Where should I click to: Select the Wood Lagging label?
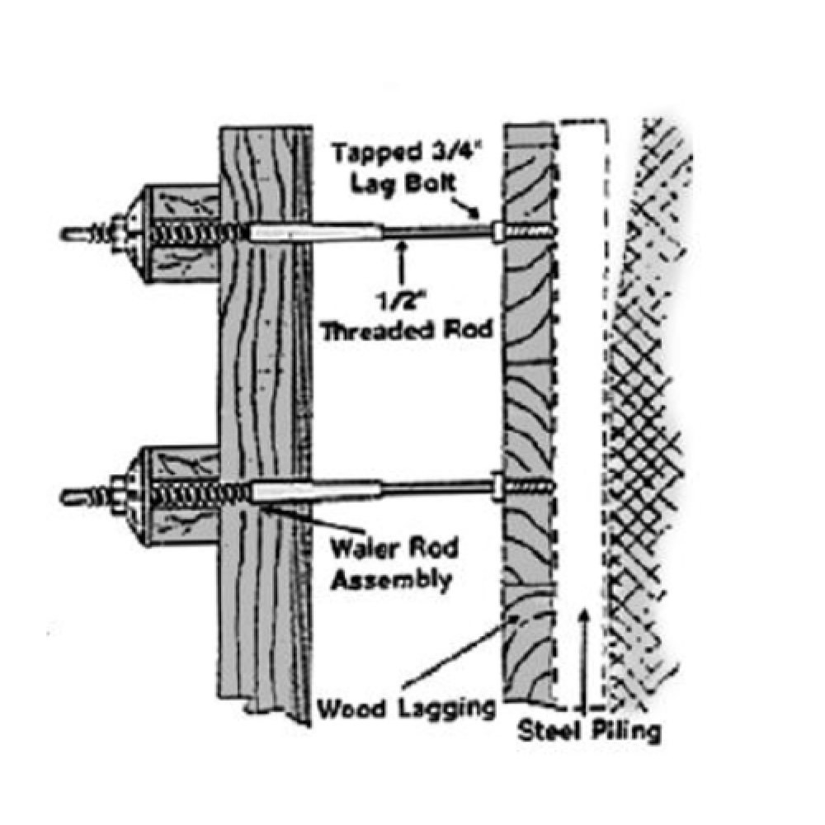coord(407,707)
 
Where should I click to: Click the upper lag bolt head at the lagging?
coord(497,230)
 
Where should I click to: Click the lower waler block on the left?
coord(177,495)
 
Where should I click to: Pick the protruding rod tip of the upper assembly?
coord(74,233)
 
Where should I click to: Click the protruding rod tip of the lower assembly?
coord(74,495)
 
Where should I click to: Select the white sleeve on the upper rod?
coord(313,233)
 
